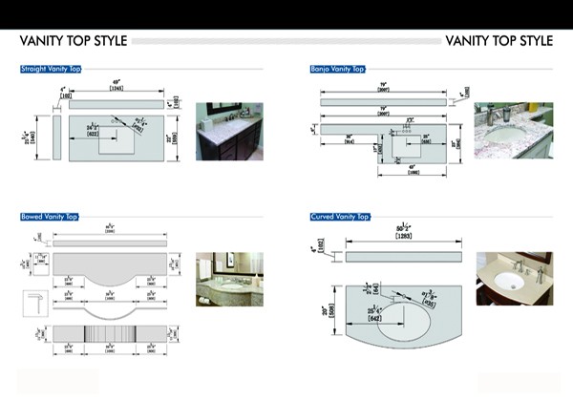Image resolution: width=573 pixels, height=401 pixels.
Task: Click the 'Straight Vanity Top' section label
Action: [x=51, y=69]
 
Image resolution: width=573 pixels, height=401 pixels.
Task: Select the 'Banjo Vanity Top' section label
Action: [x=337, y=69]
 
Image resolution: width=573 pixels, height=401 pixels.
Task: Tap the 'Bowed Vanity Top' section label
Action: [x=49, y=218]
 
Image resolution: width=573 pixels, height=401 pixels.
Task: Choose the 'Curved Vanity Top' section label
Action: [x=339, y=218]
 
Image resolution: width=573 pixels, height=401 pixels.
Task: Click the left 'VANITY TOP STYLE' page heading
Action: [x=74, y=41]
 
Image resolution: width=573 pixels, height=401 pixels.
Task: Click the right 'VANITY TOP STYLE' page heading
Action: [x=499, y=41]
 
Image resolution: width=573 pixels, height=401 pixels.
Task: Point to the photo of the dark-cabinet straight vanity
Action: [x=230, y=131]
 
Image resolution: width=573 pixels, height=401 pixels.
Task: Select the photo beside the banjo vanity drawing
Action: [x=513, y=130]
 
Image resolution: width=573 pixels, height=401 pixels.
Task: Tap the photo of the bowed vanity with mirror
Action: [x=229, y=280]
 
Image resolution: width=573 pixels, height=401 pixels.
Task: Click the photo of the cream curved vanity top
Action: [x=514, y=280]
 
